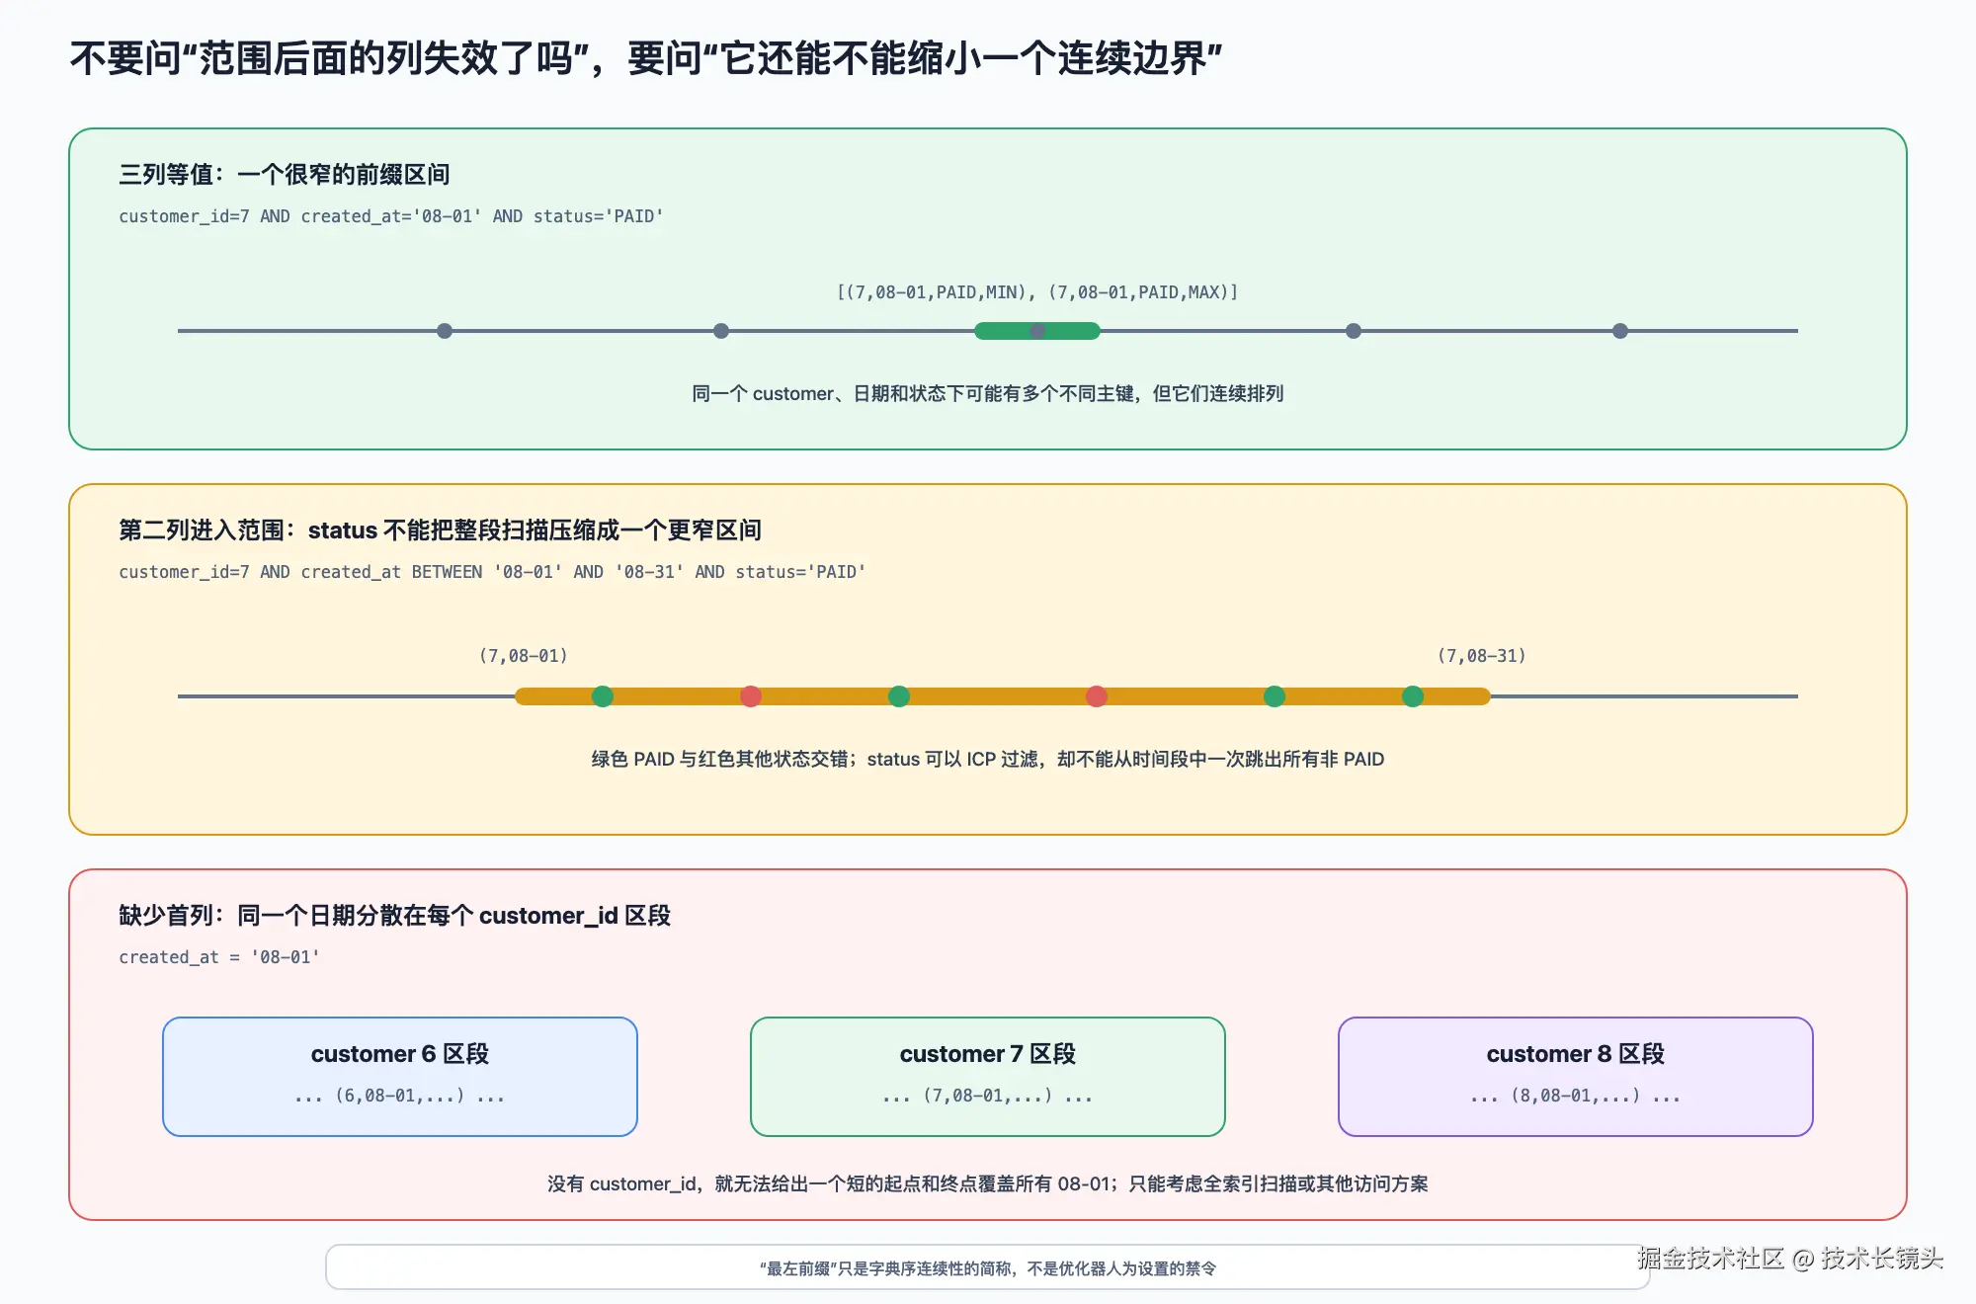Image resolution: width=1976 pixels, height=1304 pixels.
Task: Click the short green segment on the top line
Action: [x=1037, y=331]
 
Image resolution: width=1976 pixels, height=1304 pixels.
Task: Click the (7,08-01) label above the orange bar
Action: [x=524, y=656]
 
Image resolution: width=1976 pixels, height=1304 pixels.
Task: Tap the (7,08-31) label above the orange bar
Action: [x=1482, y=656]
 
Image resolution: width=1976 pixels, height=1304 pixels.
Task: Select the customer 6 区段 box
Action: [x=400, y=1077]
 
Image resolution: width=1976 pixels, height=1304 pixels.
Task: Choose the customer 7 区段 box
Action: [x=988, y=1077]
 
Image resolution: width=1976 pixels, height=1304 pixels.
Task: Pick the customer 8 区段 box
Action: [x=1576, y=1077]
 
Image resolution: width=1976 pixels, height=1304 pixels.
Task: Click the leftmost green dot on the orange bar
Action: [x=603, y=696]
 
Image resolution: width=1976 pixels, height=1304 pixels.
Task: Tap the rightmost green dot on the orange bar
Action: [x=1413, y=696]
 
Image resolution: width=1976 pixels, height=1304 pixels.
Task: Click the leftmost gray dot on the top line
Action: [x=445, y=331]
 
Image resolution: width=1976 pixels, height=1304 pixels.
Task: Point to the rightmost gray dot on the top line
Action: [x=1620, y=331]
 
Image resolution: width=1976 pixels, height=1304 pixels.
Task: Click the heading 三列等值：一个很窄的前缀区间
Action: [x=285, y=175]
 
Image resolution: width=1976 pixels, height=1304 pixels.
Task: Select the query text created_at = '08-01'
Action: [x=219, y=957]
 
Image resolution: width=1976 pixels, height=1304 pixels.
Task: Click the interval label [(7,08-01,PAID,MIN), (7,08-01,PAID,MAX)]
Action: [x=1037, y=292]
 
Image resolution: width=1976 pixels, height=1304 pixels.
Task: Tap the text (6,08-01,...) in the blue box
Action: [x=400, y=1096]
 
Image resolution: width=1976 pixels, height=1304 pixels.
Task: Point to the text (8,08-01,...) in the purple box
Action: [x=1576, y=1096]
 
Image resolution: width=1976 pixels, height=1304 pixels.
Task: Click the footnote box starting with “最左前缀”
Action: [x=988, y=1267]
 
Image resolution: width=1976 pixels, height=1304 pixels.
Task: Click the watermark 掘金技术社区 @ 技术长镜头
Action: [x=1790, y=1258]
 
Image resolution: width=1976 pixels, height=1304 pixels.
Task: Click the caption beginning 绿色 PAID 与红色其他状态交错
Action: [x=988, y=759]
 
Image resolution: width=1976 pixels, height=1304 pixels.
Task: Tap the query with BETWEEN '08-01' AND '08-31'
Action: [x=492, y=572]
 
